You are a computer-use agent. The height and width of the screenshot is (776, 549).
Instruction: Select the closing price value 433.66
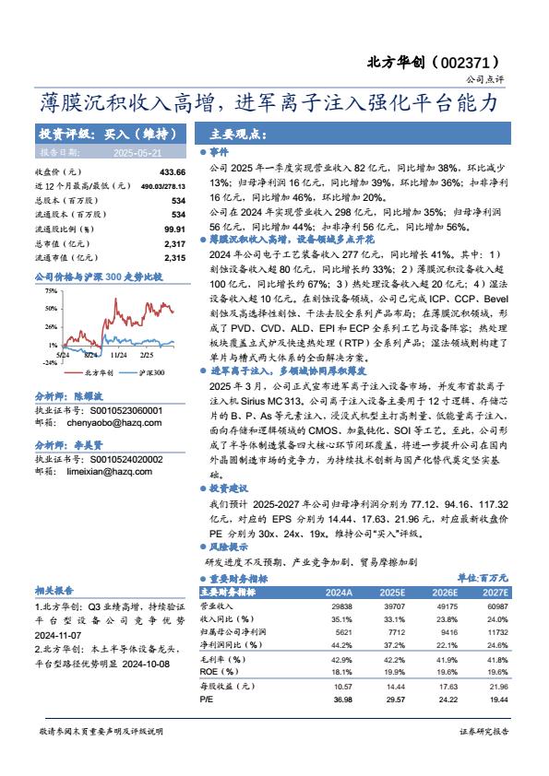coord(173,172)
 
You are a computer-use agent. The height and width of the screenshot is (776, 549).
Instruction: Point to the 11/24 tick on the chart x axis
coord(118,353)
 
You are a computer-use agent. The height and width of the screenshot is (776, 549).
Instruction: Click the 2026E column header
coord(446,593)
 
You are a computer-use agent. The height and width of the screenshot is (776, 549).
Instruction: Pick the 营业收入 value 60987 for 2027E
coord(497,607)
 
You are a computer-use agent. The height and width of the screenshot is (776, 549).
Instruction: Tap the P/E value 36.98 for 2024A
coord(341,700)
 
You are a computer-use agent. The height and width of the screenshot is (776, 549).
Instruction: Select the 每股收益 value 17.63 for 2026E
coord(446,687)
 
